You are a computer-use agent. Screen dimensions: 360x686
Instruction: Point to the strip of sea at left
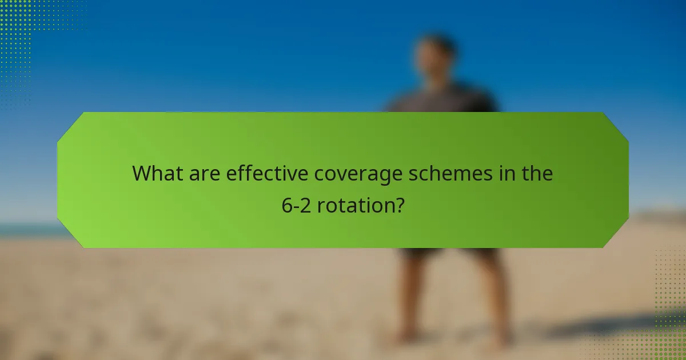[29, 230]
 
